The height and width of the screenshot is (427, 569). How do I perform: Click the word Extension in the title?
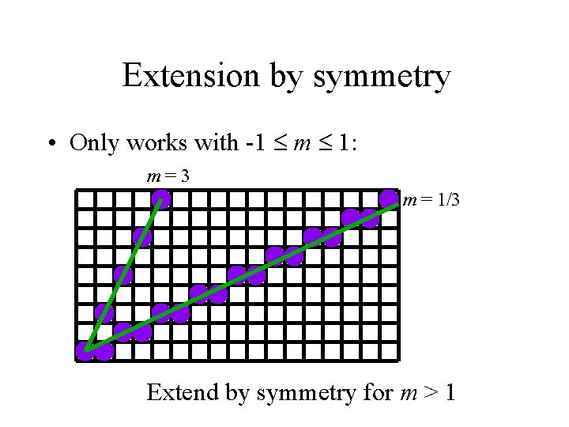(190, 77)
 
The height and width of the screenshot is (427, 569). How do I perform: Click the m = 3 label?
(168, 176)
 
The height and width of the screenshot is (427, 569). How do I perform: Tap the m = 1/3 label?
(430, 201)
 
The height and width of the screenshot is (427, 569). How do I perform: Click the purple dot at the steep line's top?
(161, 198)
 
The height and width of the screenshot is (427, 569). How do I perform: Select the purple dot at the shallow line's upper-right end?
(388, 198)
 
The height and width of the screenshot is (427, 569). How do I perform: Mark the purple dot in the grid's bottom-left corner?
(85, 351)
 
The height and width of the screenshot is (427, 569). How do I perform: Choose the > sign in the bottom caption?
(426, 391)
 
